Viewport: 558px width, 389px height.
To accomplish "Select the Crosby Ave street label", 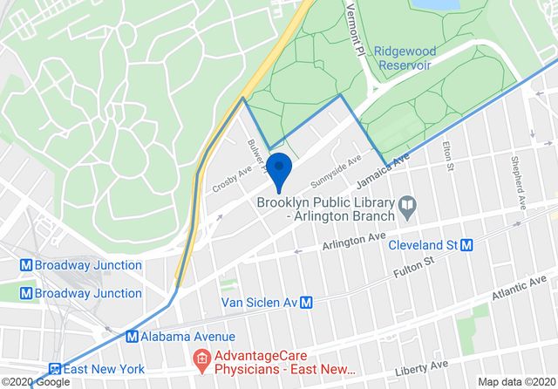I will (232, 181).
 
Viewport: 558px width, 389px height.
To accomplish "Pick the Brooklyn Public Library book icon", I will (405, 208).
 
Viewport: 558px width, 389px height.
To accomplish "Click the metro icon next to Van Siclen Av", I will (306, 303).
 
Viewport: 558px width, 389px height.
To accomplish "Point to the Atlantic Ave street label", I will (520, 293).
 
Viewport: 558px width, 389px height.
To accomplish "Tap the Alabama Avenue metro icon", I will (133, 336).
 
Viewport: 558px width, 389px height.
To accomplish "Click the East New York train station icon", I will (57, 370).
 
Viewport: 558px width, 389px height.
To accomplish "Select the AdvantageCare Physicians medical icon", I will (200, 358).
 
